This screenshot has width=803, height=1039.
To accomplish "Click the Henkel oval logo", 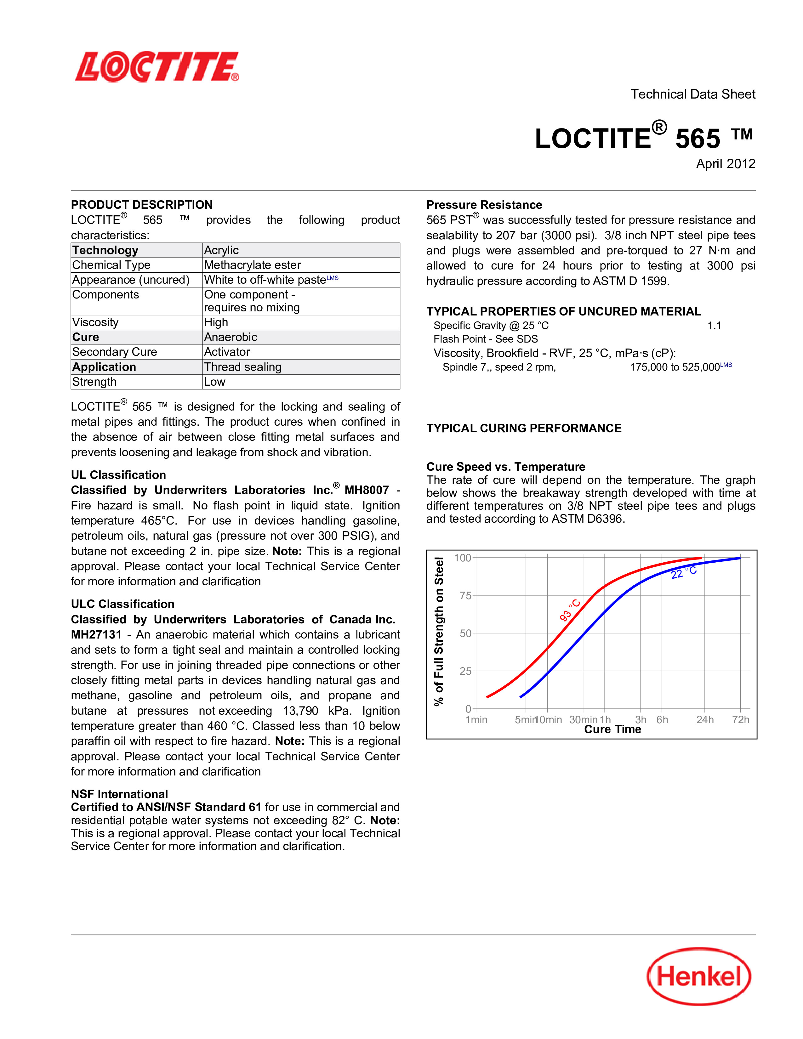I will tap(699, 976).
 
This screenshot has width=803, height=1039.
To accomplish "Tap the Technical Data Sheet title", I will tap(693, 94).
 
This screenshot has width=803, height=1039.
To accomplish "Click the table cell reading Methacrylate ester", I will tap(252, 265).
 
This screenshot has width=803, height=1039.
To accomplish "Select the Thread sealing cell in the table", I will tap(242, 367).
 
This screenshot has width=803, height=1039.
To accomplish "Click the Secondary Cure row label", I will tap(114, 352).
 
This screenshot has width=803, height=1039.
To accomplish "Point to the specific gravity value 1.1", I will tap(714, 326).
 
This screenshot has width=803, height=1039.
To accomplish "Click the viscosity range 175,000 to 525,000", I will tap(675, 367).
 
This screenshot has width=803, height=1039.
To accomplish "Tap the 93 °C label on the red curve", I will tap(569, 610).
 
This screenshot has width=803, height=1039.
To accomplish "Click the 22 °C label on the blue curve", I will tap(684, 573).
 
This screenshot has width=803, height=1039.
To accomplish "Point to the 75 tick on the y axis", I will tap(465, 596).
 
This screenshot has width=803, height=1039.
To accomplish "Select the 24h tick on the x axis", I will tap(704, 720).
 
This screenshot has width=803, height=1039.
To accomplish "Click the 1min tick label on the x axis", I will tap(476, 720).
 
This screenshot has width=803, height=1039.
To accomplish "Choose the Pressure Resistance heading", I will tap(484, 205).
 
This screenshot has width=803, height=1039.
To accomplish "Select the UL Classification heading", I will tap(118, 475).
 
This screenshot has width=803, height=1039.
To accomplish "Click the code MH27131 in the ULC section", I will tap(96, 635).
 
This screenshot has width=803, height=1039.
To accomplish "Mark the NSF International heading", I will tap(119, 794).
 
